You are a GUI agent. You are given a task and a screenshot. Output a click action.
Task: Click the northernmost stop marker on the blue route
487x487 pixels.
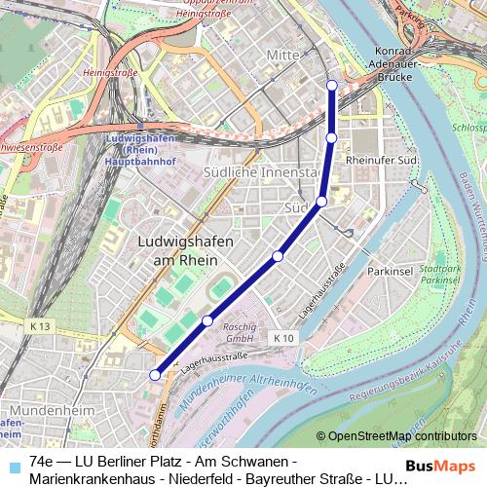coord(332,85)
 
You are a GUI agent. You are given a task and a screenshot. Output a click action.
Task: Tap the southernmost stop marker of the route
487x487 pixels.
coord(154,374)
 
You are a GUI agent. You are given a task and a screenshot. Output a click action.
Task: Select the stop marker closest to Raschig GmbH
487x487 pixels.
coord(207,320)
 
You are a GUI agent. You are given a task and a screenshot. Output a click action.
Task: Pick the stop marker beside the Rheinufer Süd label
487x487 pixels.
coord(331,138)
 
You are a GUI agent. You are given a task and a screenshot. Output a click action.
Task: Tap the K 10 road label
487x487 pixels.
coord(282,337)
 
